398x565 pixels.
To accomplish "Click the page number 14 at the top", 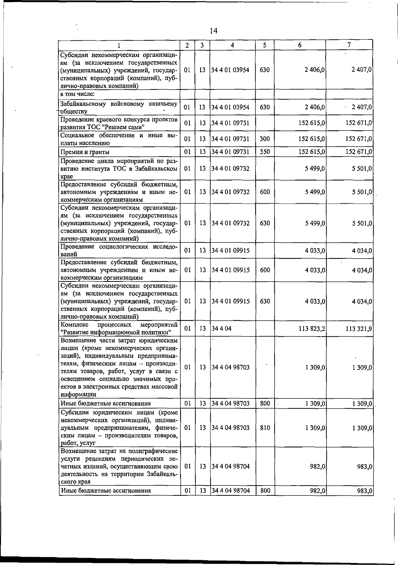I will (213, 31).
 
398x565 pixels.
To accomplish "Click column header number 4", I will (232, 45).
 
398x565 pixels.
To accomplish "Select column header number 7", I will (349, 45).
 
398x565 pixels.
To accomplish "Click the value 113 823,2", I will (312, 329).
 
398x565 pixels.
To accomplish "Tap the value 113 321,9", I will (359, 329).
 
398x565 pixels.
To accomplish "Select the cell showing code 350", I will (265, 152).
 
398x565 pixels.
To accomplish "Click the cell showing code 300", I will (265, 139).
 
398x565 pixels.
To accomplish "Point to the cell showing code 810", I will (265, 428).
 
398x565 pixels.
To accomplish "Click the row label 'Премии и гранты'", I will (85, 152).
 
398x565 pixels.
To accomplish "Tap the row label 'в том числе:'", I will (77, 94).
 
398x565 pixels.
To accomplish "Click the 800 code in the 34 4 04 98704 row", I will (265, 490).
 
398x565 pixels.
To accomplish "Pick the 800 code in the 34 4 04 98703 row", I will (265, 403).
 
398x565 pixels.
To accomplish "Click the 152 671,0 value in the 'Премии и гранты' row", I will (359, 152).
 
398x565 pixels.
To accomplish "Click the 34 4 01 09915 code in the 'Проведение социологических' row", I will (231, 250).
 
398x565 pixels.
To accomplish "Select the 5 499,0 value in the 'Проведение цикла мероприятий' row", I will (315, 168).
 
